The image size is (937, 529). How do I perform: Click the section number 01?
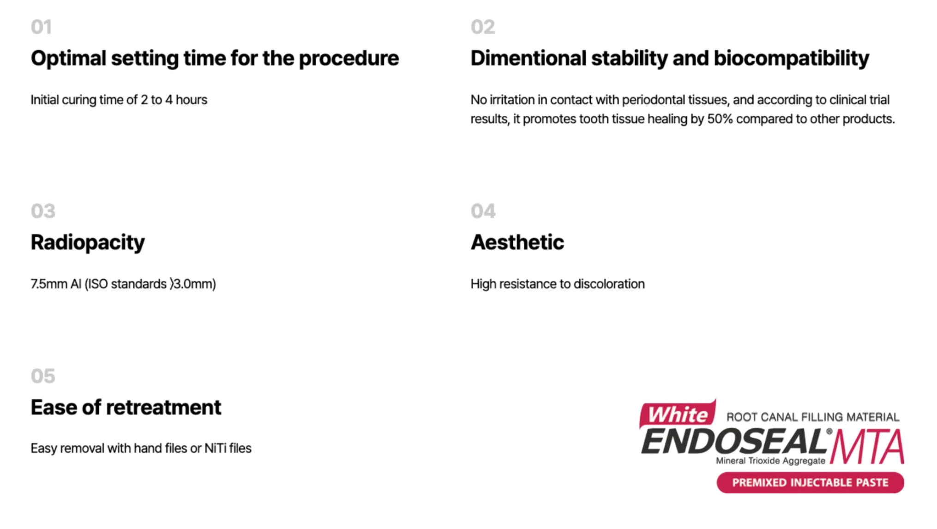[x=41, y=27]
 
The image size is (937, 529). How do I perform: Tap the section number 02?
[x=483, y=27]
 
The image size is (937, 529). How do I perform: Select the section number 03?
[x=43, y=211]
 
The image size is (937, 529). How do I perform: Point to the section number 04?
[x=483, y=211]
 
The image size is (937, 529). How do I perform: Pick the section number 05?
[x=43, y=376]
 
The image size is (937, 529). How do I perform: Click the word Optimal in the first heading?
[x=69, y=59]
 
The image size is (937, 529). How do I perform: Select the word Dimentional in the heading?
[x=528, y=58]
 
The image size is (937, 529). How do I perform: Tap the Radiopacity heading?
[x=88, y=243]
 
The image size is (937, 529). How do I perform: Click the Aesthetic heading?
[x=517, y=242]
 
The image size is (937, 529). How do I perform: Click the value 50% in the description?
[x=720, y=119]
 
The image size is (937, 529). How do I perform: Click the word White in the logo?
[x=678, y=415]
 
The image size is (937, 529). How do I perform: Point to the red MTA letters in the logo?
[x=867, y=446]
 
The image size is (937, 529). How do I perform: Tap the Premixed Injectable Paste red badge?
[x=810, y=483]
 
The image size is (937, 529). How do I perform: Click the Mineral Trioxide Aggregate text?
[x=770, y=461]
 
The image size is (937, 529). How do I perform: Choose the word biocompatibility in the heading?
[x=791, y=59]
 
